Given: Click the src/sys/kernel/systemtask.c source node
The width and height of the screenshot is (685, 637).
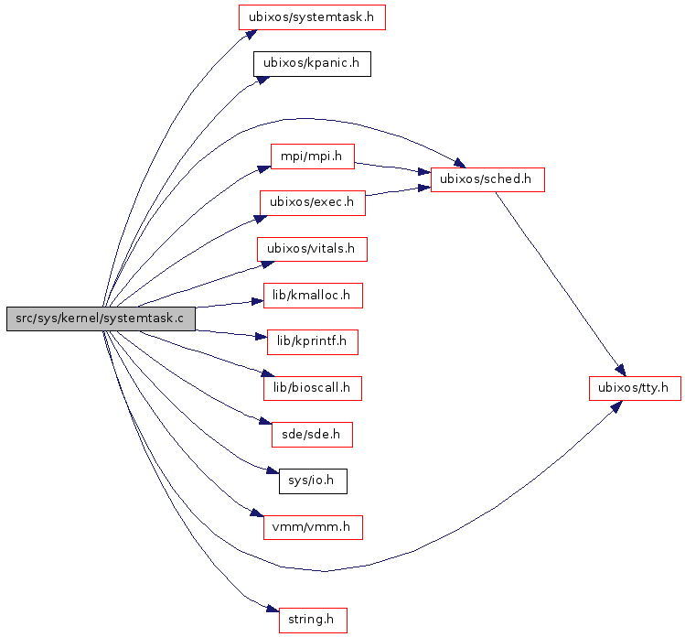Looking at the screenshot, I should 101,318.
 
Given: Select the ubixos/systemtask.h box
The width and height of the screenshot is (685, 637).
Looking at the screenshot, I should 311,16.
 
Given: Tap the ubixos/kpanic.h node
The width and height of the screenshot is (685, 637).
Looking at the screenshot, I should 311,63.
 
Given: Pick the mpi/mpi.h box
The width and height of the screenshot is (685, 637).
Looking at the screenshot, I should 312,156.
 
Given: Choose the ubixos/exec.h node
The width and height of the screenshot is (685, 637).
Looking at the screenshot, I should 312,202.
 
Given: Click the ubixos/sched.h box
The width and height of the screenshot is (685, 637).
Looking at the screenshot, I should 487,178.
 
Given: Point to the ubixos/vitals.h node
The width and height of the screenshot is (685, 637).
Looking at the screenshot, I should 311,249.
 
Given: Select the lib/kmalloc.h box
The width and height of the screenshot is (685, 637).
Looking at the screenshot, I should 312,296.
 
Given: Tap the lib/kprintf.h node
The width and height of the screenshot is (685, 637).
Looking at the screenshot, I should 312,342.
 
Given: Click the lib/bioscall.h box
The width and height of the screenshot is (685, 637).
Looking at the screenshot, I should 312,388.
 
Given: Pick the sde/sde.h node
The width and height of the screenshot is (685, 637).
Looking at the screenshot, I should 312,435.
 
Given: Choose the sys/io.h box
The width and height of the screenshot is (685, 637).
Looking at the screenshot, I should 312,480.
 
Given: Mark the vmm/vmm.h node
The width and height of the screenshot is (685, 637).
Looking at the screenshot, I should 312,527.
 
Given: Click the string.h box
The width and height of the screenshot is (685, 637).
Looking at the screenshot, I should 312,620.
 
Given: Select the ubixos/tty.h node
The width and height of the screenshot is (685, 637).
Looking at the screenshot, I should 634,388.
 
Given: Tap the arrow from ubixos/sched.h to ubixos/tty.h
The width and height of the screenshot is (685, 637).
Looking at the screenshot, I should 559,279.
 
